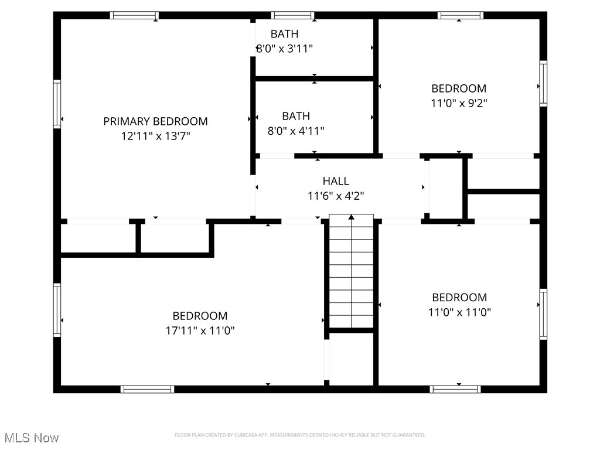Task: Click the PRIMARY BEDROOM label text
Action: [155, 121]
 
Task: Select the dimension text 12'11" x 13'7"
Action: [155, 136]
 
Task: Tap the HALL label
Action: [336, 181]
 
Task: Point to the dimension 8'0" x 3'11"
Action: [285, 49]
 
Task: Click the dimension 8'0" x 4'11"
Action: [296, 131]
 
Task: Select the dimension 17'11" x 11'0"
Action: [200, 330]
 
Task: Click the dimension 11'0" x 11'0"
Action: [459, 312]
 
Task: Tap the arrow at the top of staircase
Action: [352, 217]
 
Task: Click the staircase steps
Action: [351, 275]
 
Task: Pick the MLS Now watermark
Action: [32, 438]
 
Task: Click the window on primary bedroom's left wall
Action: [57, 104]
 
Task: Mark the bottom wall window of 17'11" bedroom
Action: [147, 389]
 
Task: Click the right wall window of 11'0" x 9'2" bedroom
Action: [543, 84]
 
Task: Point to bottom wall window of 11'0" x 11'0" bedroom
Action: [455, 389]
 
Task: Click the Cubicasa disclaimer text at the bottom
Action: [300, 435]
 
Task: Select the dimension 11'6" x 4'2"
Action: [336, 196]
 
